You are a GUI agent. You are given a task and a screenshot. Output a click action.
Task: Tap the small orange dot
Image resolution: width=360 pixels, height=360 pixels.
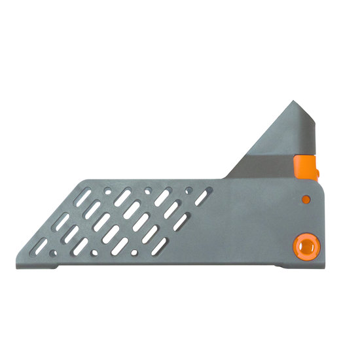[x=304, y=198]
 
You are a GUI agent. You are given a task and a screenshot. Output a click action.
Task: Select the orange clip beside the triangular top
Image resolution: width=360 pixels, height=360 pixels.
[x=306, y=168]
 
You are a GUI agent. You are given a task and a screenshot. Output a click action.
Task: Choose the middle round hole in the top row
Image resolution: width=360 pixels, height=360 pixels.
[x=149, y=190]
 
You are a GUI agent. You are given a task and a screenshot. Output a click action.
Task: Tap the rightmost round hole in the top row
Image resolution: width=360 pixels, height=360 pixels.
[x=189, y=190]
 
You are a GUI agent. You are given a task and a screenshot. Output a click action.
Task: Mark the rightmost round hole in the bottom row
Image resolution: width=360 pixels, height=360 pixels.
[x=134, y=251]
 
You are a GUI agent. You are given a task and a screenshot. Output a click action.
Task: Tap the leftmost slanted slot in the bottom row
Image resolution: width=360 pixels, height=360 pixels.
[x=40, y=247]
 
